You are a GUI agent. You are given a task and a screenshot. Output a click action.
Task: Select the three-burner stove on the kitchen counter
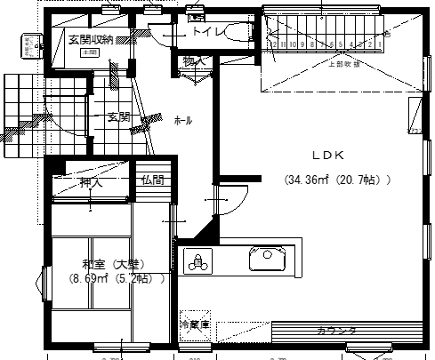pos(197,261)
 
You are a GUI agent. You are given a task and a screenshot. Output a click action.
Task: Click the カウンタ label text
pos(336,331)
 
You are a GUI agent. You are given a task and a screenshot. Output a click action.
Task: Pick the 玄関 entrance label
pos(119,116)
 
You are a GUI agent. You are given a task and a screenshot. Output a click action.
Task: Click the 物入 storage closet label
pos(194,61)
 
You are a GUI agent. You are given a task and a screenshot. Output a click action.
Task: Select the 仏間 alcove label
pos(152,180)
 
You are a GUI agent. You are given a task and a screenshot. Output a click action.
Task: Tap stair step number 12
pos(271,43)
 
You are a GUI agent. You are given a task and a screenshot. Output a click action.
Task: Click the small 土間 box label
pos(89,52)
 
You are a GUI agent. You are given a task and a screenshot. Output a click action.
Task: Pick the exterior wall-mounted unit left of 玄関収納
pos(28,43)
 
